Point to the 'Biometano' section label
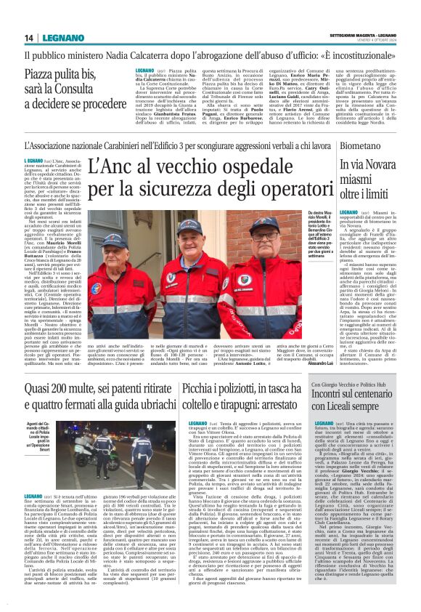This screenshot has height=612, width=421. pyautogui.click(x=338, y=145)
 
